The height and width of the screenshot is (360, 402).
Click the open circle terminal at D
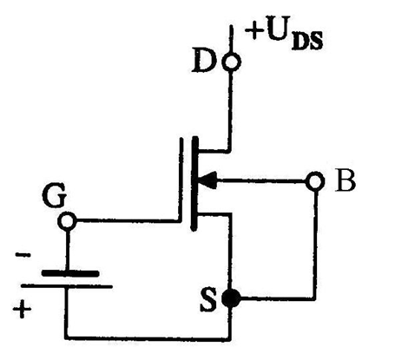232,62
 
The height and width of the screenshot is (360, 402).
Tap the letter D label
204,62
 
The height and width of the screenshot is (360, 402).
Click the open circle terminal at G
68,221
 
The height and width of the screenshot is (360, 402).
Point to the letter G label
55,196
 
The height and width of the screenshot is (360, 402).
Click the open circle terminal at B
315,181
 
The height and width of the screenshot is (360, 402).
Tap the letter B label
346,181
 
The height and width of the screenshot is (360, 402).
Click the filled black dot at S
231,298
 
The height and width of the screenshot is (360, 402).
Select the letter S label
208,299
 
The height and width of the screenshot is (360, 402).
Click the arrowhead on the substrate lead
208,180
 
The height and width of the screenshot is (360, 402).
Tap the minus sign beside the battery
23,255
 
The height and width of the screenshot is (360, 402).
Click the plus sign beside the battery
22,309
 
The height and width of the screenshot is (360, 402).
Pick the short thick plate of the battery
70,273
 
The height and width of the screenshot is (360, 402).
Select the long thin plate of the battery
67,287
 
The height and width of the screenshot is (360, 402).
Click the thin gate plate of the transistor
181,180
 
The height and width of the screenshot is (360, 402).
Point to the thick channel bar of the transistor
195,183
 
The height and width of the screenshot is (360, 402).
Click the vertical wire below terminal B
315,245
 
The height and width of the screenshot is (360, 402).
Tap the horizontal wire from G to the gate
128,221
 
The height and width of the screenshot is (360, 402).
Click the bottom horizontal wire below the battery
148,337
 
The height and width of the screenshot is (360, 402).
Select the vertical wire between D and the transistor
230,111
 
